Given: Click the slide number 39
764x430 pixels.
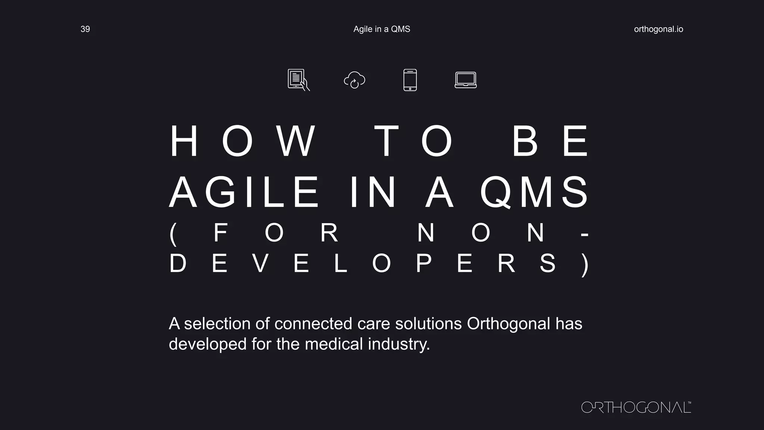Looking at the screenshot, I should point(85,29).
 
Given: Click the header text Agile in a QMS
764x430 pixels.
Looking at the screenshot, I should point(382,29).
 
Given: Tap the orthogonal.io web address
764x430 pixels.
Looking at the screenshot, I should point(658,29).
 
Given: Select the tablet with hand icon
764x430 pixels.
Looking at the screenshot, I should point(298,80).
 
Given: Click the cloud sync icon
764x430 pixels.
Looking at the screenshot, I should point(354,80).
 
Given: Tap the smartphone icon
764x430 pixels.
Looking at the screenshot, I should point(410,80).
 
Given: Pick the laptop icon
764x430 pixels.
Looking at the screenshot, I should point(466,80).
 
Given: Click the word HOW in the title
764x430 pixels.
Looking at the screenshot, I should point(242,141).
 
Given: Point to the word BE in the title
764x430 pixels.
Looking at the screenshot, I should point(550,141).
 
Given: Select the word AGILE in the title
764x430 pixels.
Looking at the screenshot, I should point(244,192).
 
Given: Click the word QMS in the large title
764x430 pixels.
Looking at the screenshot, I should point(534,192).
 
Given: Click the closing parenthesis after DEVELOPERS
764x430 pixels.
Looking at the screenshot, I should point(585,264).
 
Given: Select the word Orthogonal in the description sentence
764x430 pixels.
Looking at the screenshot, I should point(508,324).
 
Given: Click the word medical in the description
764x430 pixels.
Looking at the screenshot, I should point(334,344).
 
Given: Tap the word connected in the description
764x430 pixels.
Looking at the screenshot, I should point(313,324).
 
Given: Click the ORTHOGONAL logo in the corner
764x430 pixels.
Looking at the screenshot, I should point(636,407).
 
